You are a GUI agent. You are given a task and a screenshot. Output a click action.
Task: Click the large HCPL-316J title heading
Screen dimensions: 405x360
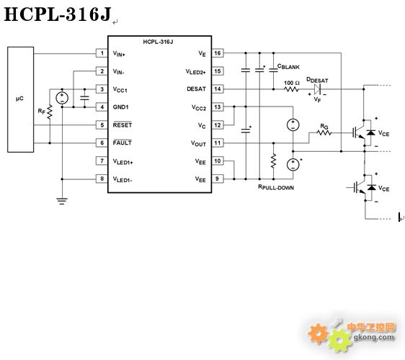click(x=58, y=14)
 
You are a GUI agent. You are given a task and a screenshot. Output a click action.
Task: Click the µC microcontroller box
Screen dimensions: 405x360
click(x=20, y=99)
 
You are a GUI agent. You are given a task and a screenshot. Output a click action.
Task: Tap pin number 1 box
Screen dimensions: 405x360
click(x=102, y=53)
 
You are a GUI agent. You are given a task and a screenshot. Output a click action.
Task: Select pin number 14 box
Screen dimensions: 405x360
click(x=218, y=89)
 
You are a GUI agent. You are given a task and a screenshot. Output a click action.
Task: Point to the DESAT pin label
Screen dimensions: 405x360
click(x=196, y=89)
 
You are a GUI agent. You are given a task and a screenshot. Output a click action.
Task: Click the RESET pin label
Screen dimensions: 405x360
click(x=123, y=125)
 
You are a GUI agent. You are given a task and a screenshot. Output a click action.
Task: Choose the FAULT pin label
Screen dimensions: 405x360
click(x=123, y=143)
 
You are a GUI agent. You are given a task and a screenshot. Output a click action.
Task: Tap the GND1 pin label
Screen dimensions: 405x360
click(x=120, y=107)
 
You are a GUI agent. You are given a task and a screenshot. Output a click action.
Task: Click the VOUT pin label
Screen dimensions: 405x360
click(x=198, y=143)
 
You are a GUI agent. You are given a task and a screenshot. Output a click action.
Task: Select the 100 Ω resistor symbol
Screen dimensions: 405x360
click(x=291, y=89)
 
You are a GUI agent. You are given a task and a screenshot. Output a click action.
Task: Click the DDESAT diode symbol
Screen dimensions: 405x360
click(x=317, y=89)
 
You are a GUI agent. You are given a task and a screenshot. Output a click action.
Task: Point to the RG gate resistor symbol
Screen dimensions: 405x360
click(x=324, y=132)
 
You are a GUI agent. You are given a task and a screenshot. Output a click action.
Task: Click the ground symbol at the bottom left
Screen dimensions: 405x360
click(x=62, y=201)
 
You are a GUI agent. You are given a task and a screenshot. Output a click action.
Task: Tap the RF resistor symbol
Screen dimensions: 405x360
click(x=50, y=112)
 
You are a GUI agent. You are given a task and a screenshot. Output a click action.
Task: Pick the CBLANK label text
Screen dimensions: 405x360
click(x=288, y=66)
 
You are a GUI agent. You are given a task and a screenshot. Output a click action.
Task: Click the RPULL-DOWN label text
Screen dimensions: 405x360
click(x=276, y=187)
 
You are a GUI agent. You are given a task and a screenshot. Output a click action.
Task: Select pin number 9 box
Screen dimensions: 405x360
click(x=218, y=179)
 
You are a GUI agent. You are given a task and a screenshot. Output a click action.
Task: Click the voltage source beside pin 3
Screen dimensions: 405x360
click(x=62, y=98)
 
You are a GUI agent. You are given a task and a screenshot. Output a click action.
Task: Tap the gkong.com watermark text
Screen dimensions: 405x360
click(x=374, y=337)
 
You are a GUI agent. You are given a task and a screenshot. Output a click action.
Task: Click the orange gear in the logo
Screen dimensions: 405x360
click(x=319, y=333)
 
